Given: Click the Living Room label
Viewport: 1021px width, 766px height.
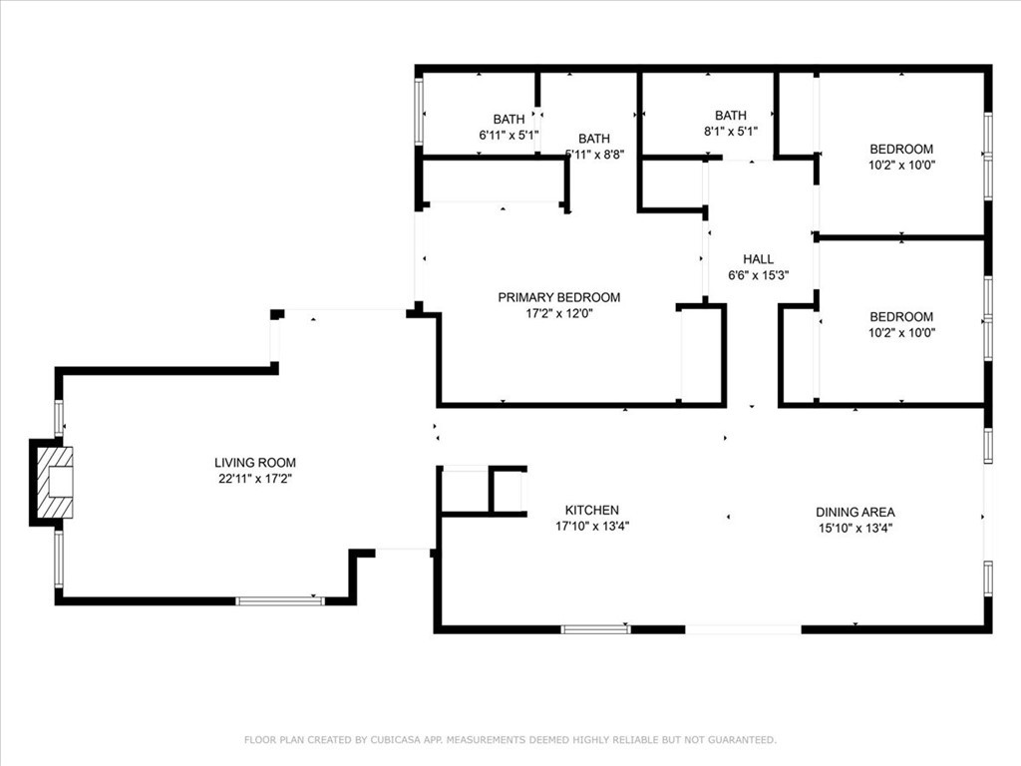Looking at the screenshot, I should tap(255, 463).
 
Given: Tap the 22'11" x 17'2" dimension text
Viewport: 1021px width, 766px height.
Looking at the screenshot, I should tap(255, 479).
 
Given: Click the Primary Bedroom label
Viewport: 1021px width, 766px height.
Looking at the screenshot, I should tap(558, 297).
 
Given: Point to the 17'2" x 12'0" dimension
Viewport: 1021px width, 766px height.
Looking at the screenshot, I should tap(558, 313).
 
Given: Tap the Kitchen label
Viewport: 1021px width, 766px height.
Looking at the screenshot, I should tap(592, 510).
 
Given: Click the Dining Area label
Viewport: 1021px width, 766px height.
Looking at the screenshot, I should tap(854, 513).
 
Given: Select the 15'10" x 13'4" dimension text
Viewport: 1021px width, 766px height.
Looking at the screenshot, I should tap(854, 529).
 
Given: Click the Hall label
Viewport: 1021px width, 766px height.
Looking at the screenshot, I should tap(758, 259).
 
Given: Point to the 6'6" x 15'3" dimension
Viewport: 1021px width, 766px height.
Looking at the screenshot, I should tap(758, 275).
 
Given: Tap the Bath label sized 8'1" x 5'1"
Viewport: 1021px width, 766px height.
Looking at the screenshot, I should tap(730, 116).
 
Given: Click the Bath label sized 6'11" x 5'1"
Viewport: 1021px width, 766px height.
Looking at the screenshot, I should tap(509, 120).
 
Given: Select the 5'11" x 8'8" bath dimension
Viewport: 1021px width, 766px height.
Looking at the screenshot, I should tap(595, 155).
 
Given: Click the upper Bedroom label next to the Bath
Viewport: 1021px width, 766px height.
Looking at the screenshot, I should tap(901, 150).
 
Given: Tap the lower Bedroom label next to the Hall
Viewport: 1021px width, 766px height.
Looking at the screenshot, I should tap(901, 317).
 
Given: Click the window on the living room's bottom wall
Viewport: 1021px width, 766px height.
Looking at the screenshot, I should tap(279, 600).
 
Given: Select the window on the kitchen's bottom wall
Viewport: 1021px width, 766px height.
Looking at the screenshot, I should tap(595, 629).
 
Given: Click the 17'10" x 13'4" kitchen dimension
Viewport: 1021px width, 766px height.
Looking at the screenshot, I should tap(592, 526).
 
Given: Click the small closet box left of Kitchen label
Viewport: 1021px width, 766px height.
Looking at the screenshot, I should tap(464, 491).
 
